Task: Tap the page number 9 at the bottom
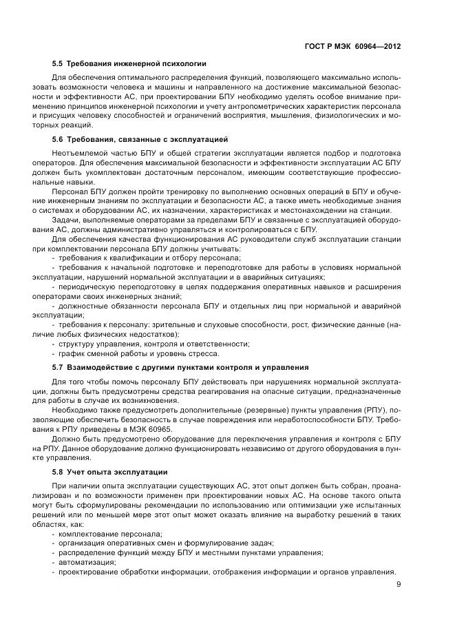coord(399,585)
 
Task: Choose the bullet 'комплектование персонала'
coord(109,534)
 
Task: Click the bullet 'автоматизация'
coord(85,562)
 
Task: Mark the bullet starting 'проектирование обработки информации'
coord(226,572)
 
